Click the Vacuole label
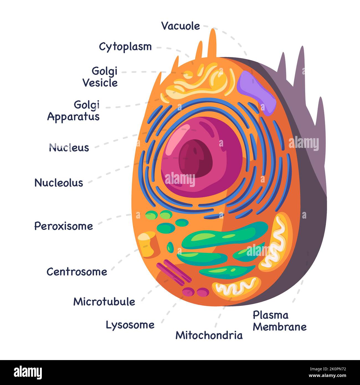181,26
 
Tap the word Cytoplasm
125,47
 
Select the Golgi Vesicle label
101,77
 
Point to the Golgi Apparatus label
74,111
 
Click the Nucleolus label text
59,183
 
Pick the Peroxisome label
63,226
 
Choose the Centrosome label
77,272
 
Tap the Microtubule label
104,302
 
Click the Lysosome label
130,325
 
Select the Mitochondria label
209,335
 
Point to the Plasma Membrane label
280,321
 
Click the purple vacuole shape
256,92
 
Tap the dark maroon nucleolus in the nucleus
195,158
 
